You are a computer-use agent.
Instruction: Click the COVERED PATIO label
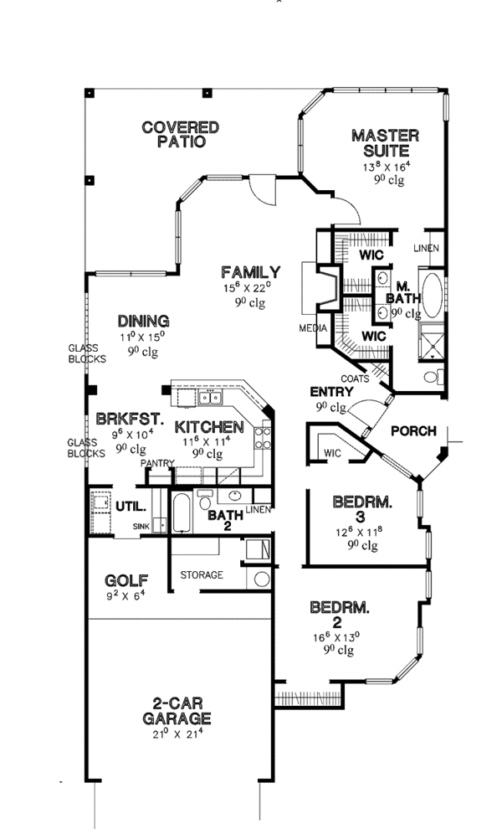[x=180, y=135]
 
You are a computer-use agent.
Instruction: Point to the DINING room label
[x=143, y=321]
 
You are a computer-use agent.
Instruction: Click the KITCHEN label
[x=209, y=427]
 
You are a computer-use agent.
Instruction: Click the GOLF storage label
[x=126, y=580]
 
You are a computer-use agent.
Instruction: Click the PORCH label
[x=413, y=431]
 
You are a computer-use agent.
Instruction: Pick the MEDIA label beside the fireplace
[x=313, y=328]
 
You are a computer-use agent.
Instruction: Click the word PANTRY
[x=156, y=462]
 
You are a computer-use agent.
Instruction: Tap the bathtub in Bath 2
[x=179, y=512]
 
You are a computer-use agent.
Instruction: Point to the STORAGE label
[x=202, y=574]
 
